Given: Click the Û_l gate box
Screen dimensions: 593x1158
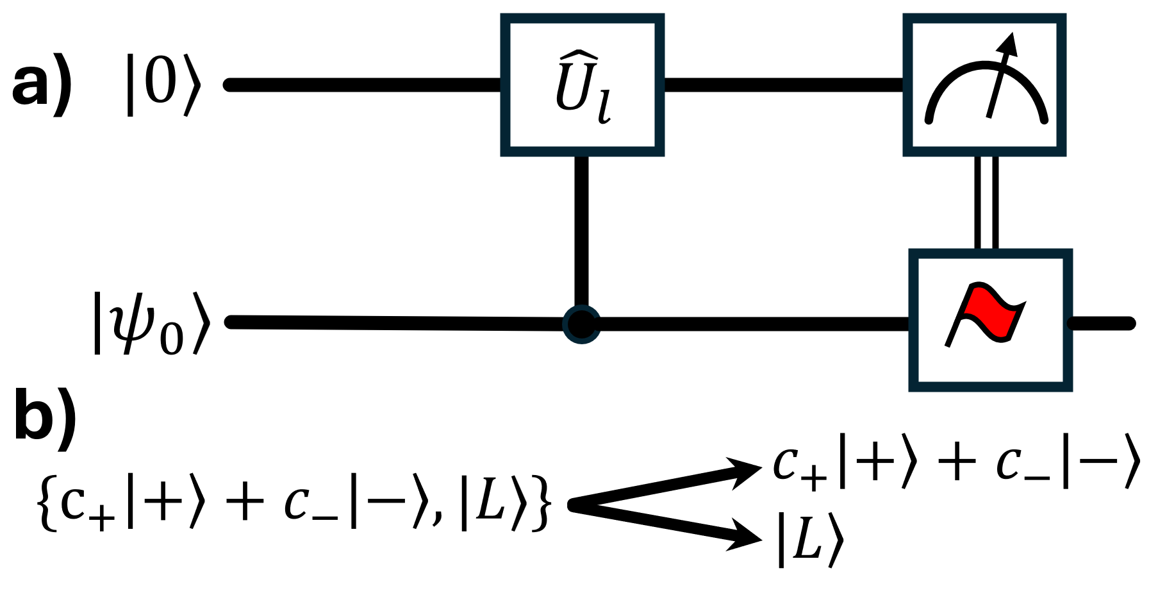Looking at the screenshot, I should click(x=582, y=85).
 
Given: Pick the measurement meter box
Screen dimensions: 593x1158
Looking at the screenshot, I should click(x=984, y=85).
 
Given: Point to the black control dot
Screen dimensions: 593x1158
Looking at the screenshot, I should click(x=581, y=324).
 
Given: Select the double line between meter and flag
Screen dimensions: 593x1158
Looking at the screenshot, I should click(x=986, y=203).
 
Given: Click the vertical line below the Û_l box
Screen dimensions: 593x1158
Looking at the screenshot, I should click(x=581, y=231).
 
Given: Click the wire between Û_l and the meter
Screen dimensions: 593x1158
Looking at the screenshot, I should click(x=783, y=85).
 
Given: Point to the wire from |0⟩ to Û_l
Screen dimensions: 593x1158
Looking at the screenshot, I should click(x=363, y=85).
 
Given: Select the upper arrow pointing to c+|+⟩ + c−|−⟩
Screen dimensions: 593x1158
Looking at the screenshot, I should click(x=666, y=484).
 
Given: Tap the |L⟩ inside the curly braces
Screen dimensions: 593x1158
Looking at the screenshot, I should click(x=493, y=506).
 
